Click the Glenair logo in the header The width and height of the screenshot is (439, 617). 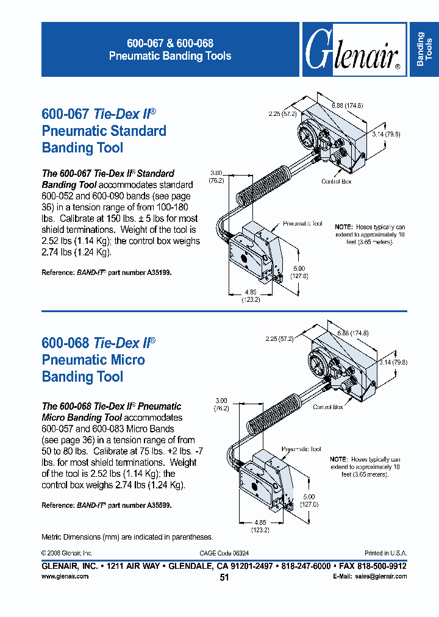(352, 51)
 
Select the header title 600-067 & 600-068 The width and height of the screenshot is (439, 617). (170, 44)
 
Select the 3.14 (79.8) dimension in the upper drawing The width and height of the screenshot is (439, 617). (387, 134)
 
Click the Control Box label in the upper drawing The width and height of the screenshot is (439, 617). (337, 182)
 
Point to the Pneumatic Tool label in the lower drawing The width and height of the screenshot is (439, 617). (301, 449)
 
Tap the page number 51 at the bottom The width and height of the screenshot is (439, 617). (224, 577)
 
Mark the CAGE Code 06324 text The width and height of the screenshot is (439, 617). (224, 553)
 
